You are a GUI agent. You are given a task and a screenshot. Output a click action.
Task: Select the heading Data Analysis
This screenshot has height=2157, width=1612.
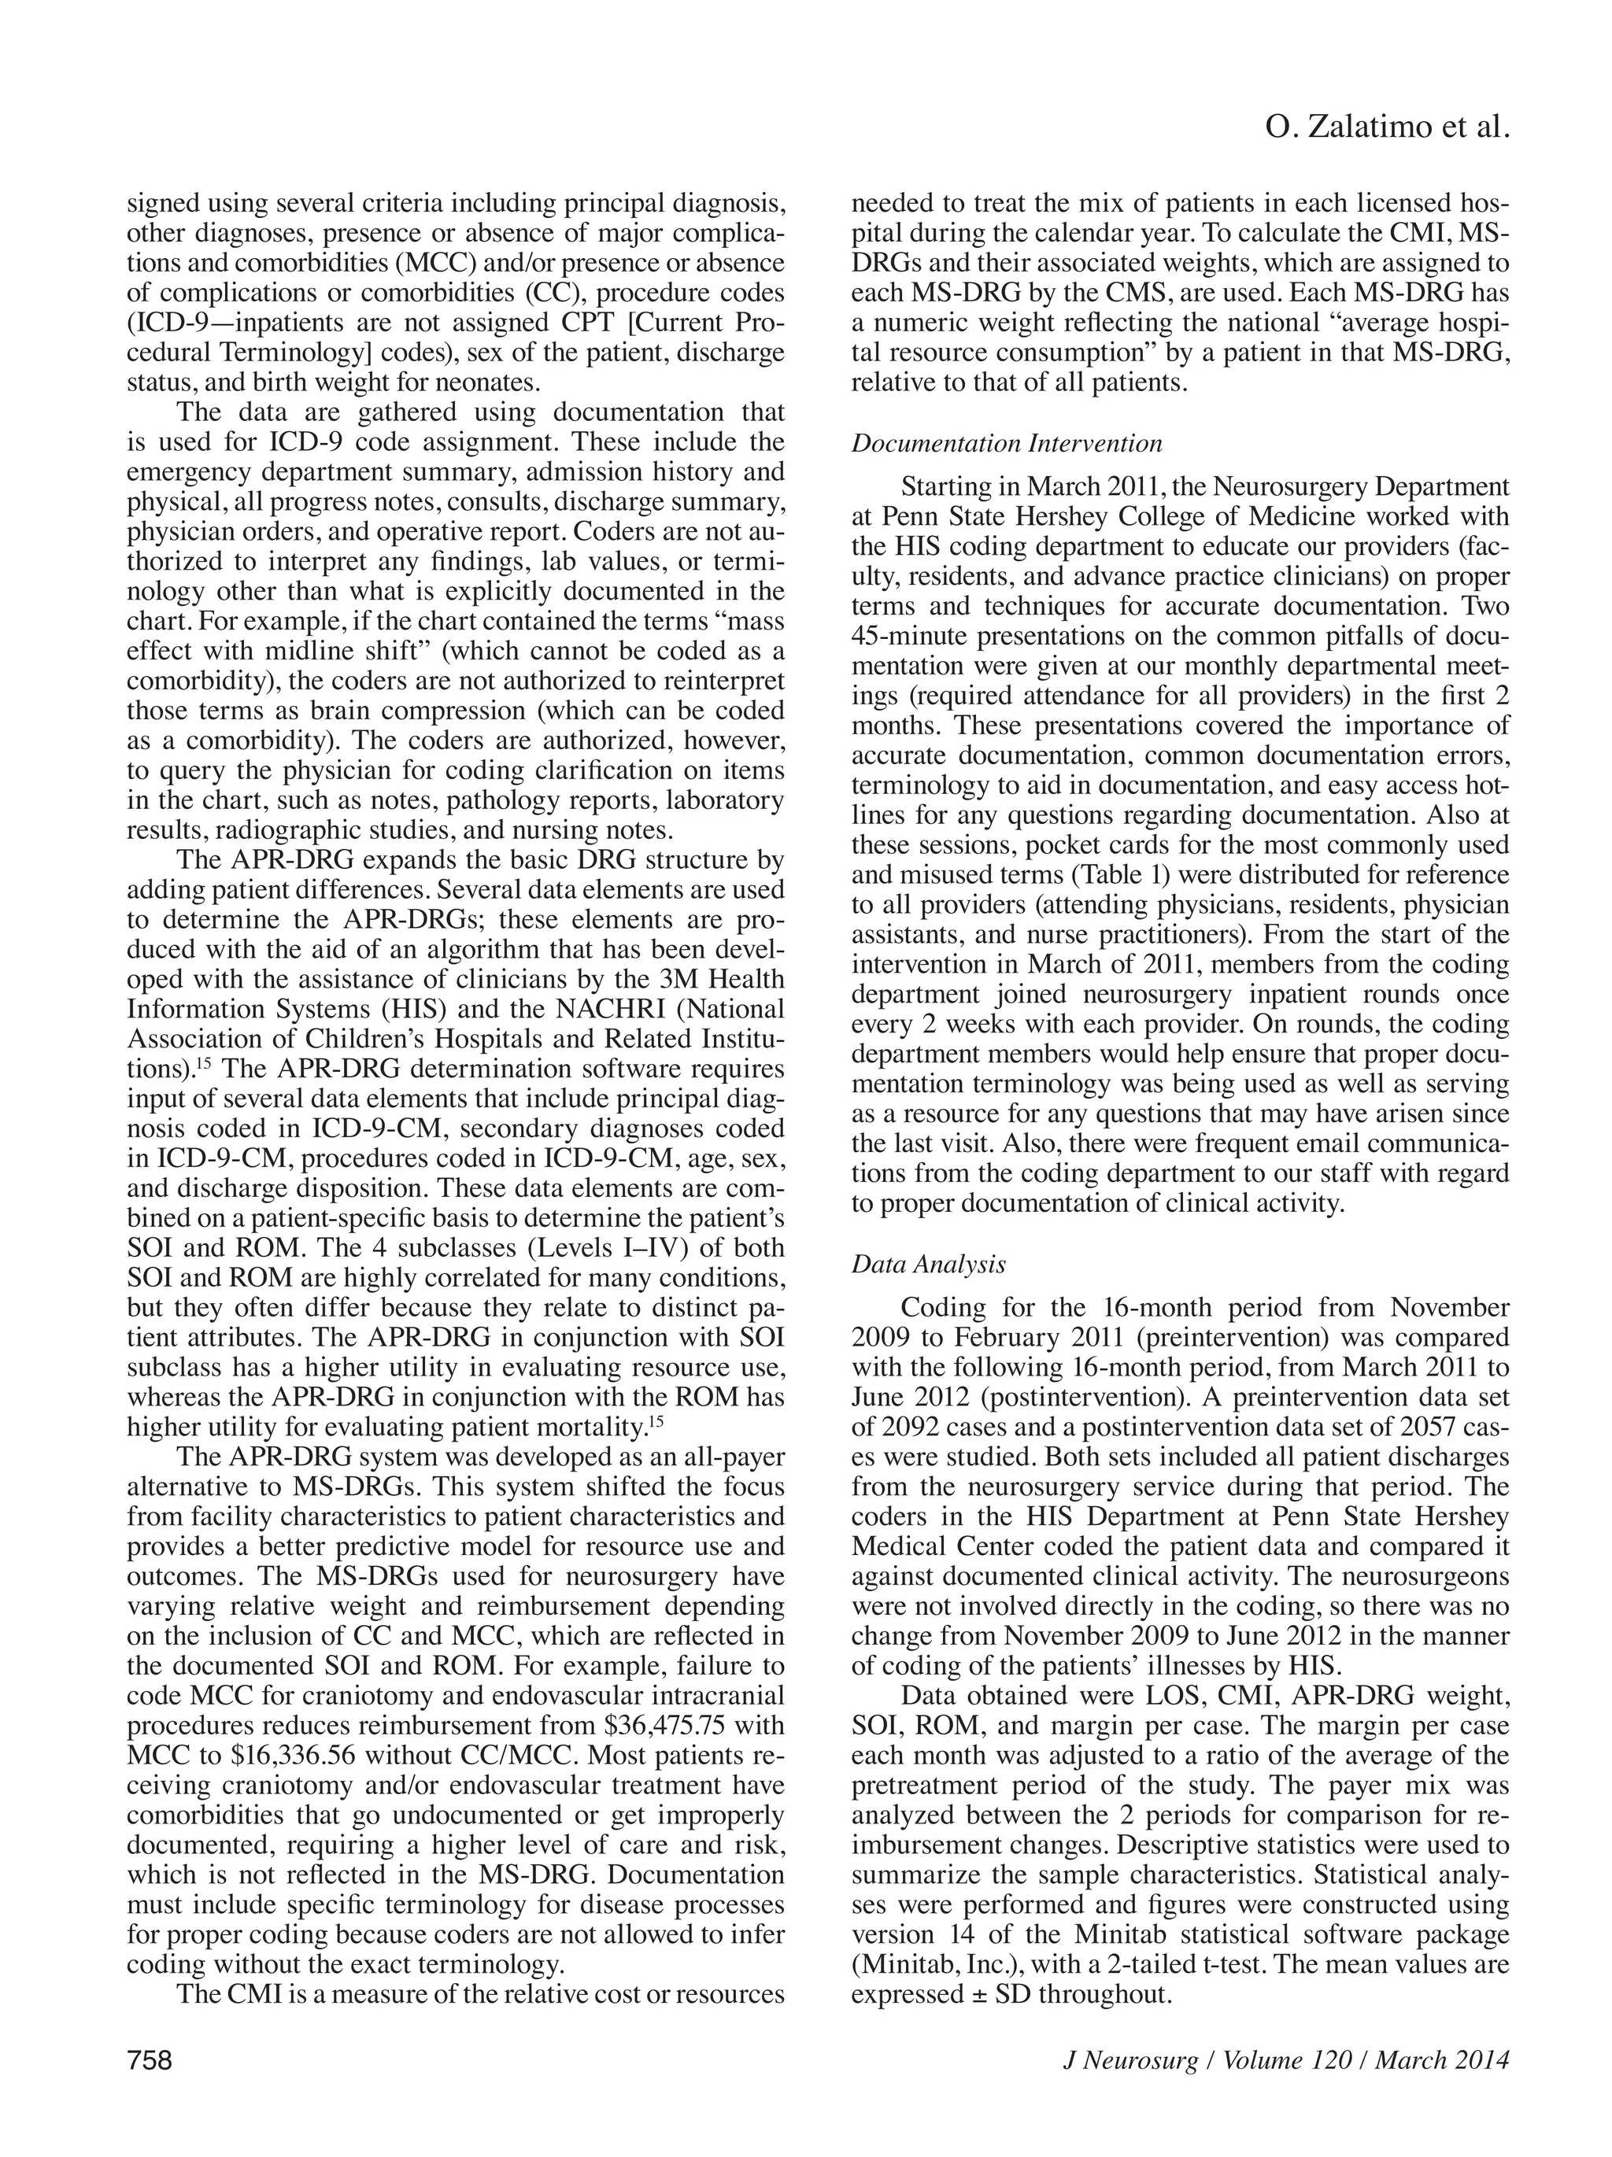[927, 1264]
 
